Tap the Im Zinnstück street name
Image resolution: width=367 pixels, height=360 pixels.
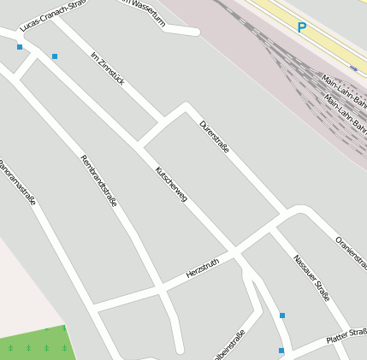click(x=108, y=68)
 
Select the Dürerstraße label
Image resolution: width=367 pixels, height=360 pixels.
click(x=214, y=136)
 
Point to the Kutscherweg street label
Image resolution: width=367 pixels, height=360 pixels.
click(x=171, y=184)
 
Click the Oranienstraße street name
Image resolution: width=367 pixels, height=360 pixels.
click(x=352, y=253)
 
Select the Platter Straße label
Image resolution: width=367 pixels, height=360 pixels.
click(x=346, y=335)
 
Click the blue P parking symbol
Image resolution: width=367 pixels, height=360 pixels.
click(x=301, y=27)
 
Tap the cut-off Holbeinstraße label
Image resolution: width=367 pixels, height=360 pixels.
click(x=229, y=344)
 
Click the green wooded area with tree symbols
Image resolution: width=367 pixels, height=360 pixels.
click(x=34, y=344)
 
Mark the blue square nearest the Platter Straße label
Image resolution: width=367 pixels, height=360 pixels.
click(x=281, y=350)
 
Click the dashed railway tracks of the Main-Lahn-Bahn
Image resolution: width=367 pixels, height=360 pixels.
click(x=282, y=60)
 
